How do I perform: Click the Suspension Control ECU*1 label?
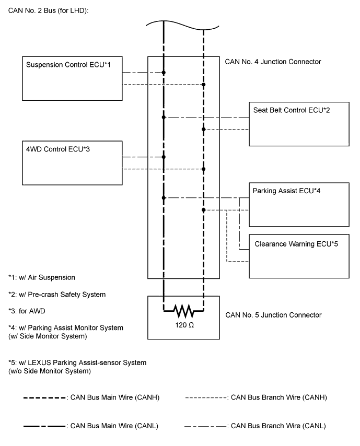[68, 65]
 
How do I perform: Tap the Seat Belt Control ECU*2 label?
[292, 110]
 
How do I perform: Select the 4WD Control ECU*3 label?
[58, 149]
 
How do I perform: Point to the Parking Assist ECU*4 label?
[286, 191]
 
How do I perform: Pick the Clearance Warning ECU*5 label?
[296, 244]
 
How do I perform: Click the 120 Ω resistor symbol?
[183, 311]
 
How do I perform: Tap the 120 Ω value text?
[184, 325]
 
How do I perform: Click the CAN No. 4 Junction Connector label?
[273, 62]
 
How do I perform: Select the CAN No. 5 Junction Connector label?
[273, 315]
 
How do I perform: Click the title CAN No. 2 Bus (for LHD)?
[49, 11]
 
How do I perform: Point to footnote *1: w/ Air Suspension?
[42, 277]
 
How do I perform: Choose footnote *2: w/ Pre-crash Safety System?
[57, 295]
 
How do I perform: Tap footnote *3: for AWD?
[27, 311]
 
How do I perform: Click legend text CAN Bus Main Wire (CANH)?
[114, 397]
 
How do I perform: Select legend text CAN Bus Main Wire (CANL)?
[114, 426]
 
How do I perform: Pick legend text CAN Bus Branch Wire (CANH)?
[279, 397]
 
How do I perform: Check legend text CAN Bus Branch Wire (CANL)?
[278, 426]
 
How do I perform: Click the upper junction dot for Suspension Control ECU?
[164, 73]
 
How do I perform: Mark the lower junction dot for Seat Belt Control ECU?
[203, 130]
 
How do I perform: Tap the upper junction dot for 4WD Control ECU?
[164, 157]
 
